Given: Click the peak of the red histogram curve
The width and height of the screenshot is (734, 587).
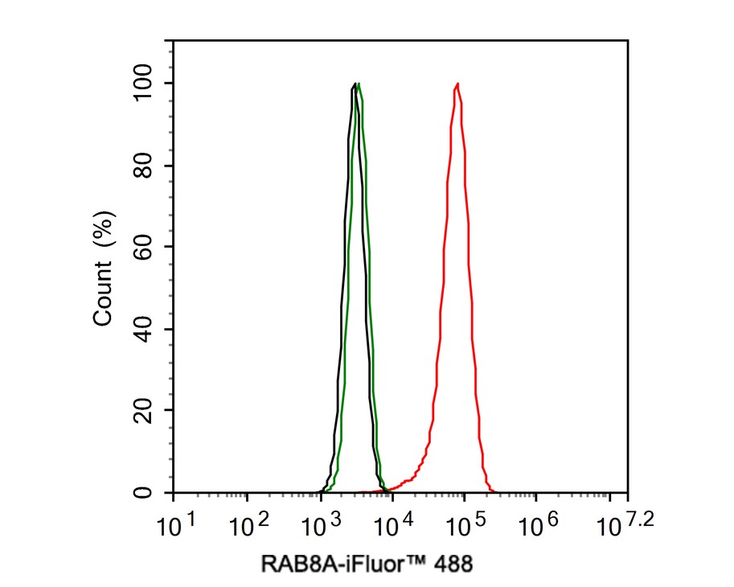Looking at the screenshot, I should (457, 84).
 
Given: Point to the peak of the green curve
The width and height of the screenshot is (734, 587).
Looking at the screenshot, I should (359, 84).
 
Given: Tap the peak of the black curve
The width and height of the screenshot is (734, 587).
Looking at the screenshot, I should (355, 84).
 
